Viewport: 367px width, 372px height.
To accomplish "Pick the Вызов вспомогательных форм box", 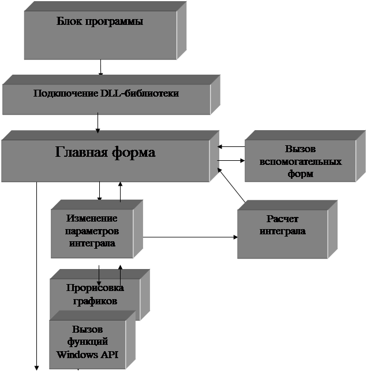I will point(299,161).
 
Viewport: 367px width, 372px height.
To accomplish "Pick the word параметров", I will point(92,231).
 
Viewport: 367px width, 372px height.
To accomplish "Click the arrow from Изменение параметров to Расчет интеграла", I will point(190,237).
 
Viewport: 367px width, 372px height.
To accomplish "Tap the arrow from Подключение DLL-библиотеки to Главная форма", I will point(98,122).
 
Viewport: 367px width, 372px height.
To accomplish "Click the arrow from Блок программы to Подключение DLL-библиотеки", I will point(101,67).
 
